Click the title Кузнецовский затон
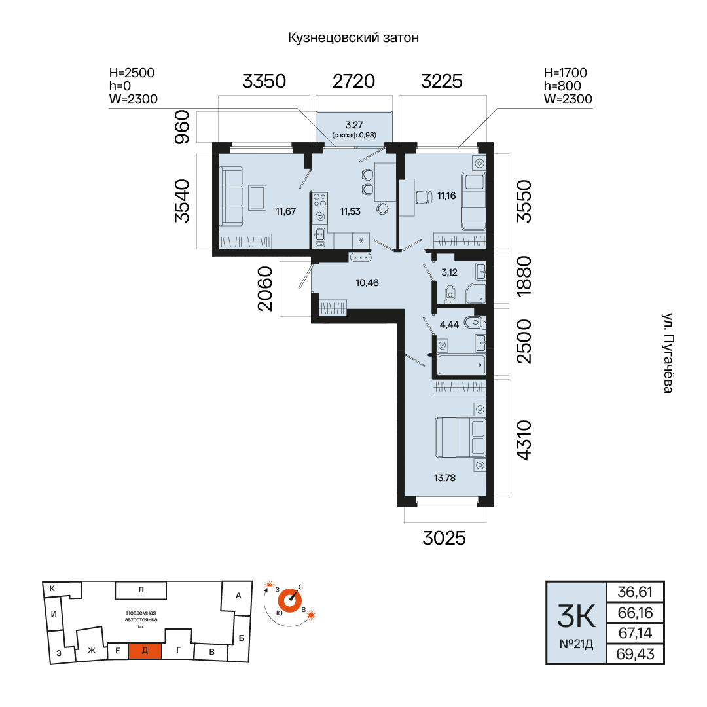(353, 37)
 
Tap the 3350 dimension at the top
(264, 81)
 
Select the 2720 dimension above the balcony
(354, 81)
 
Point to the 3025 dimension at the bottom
(444, 538)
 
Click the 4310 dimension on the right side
(524, 440)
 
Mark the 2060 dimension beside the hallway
(265, 289)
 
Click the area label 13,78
(444, 478)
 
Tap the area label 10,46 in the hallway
(367, 283)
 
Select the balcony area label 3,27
(354, 124)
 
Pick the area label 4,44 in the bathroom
(449, 325)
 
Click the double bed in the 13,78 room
(460, 437)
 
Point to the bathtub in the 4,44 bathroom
(462, 365)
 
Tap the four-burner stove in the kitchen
(320, 200)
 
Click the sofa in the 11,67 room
(231, 196)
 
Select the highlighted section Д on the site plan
(145, 651)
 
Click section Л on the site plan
(141, 590)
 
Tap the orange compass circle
(289, 601)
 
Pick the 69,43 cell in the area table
(635, 654)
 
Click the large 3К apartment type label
(576, 616)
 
